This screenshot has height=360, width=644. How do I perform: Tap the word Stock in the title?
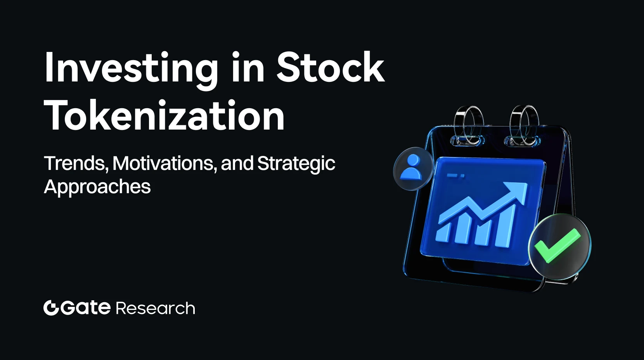330,67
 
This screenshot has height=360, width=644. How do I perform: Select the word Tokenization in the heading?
164,115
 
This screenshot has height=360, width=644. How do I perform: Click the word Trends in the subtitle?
76,163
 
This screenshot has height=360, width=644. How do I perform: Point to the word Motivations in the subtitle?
164,163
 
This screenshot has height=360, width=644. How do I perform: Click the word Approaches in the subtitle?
97,187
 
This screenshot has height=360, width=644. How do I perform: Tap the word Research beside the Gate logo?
155,308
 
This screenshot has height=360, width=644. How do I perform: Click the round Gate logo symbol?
52,308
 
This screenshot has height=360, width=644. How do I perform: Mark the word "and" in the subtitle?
237,163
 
